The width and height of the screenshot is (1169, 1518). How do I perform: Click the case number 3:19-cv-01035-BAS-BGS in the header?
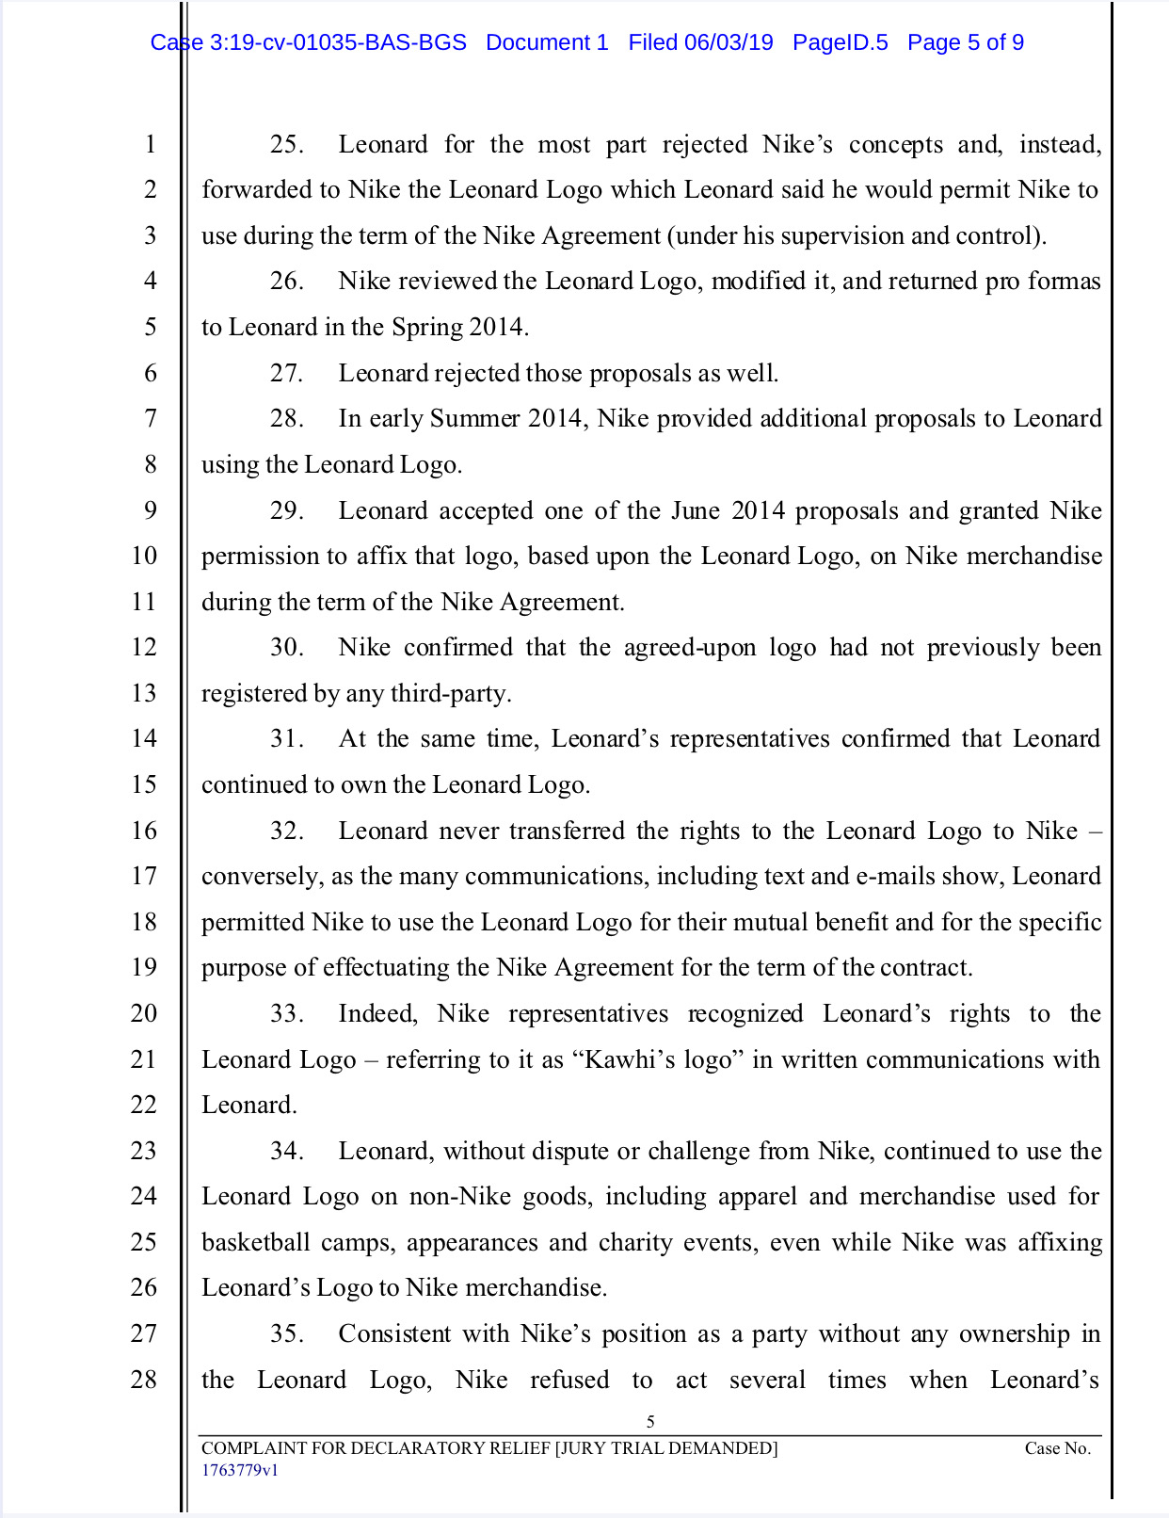click(x=338, y=42)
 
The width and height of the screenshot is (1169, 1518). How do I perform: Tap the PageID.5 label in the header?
click(x=840, y=42)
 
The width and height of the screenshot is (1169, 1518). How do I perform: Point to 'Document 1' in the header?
click(x=547, y=42)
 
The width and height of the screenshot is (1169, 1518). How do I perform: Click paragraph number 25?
click(x=285, y=144)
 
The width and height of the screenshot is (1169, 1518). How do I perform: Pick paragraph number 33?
click(x=285, y=1013)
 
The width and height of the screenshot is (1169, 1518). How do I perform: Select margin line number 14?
click(x=144, y=738)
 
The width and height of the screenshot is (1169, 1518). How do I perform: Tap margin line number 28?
click(x=144, y=1380)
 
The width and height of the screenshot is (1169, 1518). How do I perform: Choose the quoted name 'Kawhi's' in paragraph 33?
click(x=624, y=1059)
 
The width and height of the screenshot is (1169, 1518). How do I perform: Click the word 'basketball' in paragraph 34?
click(x=255, y=1242)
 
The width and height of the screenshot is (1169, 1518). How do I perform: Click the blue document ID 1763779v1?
click(x=239, y=1470)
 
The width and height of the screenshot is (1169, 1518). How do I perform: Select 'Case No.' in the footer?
click(x=1057, y=1448)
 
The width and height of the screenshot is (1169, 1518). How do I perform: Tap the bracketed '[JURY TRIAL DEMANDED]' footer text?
click(x=666, y=1448)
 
